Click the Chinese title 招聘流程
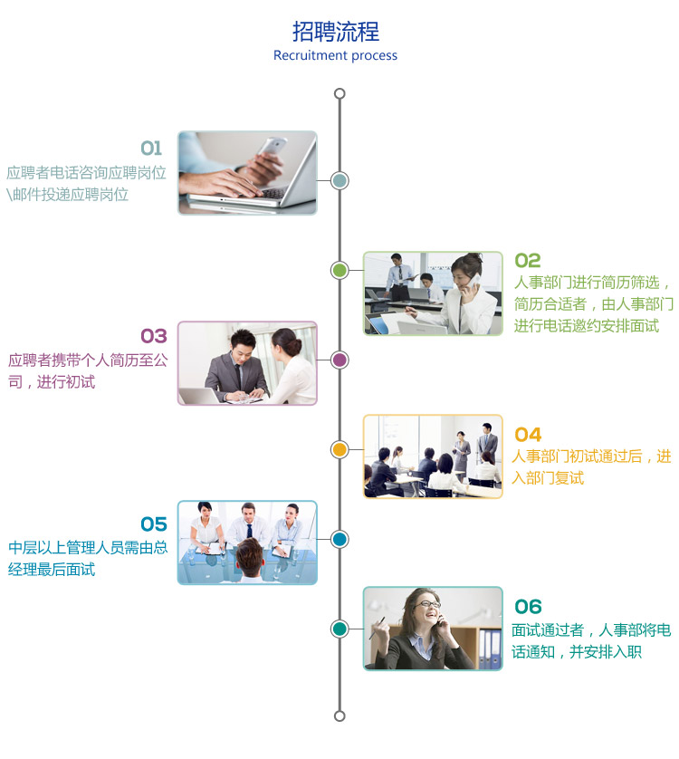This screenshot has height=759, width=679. pyautogui.click(x=335, y=32)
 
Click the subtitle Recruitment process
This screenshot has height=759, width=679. pyautogui.click(x=335, y=55)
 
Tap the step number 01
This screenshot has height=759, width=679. pyautogui.click(x=151, y=149)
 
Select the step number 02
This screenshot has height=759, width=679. pyautogui.click(x=528, y=261)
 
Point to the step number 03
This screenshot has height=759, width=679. pyautogui.click(x=154, y=337)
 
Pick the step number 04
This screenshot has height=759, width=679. pyautogui.click(x=528, y=435)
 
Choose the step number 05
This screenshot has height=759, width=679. pyautogui.click(x=154, y=524)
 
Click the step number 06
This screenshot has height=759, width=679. pyautogui.click(x=528, y=607)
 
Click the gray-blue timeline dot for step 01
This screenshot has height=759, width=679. pyautogui.click(x=339, y=180)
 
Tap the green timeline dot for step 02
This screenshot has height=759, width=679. pyautogui.click(x=339, y=270)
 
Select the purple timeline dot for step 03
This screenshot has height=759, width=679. pyautogui.click(x=339, y=360)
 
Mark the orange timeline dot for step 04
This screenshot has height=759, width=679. pyautogui.click(x=339, y=449)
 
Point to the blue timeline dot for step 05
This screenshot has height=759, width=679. pyautogui.click(x=339, y=539)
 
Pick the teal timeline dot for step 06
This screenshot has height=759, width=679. pyautogui.click(x=339, y=629)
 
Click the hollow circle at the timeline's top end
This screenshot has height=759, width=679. pyautogui.click(x=339, y=93)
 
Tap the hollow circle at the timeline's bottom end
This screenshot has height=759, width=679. pyautogui.click(x=339, y=716)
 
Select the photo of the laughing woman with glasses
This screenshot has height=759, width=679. pyautogui.click(x=433, y=629)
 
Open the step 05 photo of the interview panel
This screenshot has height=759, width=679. pyautogui.click(x=247, y=542)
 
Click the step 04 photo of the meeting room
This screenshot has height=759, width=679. pyautogui.click(x=433, y=456)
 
